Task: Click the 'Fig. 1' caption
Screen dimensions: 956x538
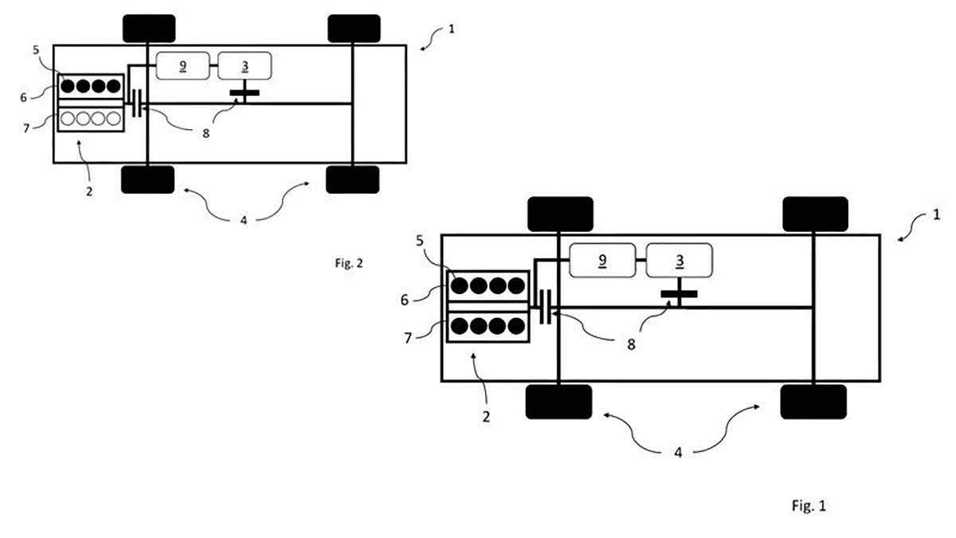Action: (x=809, y=505)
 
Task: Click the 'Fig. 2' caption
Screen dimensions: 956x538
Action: (x=349, y=263)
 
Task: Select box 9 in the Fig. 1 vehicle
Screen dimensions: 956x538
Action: (x=602, y=260)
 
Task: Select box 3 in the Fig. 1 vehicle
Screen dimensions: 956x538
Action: (x=679, y=260)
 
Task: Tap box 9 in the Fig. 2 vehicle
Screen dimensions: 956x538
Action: (x=182, y=65)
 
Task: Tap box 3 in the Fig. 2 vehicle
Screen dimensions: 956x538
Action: (x=245, y=65)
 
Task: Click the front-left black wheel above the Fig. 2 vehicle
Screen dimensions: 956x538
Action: (x=149, y=28)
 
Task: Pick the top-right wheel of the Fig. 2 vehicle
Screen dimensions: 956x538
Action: (x=354, y=28)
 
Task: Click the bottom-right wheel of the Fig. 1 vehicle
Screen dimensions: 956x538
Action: (x=813, y=402)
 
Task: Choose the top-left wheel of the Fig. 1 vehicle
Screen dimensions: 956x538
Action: (x=560, y=214)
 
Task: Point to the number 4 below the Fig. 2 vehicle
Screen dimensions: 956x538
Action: (x=243, y=220)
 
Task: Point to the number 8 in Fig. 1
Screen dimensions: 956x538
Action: (x=631, y=344)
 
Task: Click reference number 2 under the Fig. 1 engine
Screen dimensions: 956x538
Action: (x=486, y=417)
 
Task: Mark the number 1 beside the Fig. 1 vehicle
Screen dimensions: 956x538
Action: (x=936, y=214)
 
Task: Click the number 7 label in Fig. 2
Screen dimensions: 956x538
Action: (x=26, y=128)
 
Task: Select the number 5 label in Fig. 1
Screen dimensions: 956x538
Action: (x=420, y=241)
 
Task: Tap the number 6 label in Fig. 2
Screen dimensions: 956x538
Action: (x=23, y=97)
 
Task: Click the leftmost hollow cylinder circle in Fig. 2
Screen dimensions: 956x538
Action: (x=68, y=118)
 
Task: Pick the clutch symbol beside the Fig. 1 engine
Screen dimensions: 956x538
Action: (x=545, y=307)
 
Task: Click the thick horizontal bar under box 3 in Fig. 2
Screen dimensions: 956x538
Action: (x=245, y=92)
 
